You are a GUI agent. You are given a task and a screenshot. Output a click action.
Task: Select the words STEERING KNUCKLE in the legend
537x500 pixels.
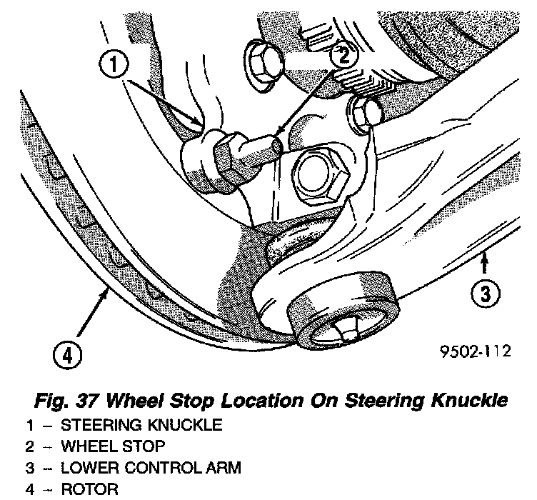coord(141,426)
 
